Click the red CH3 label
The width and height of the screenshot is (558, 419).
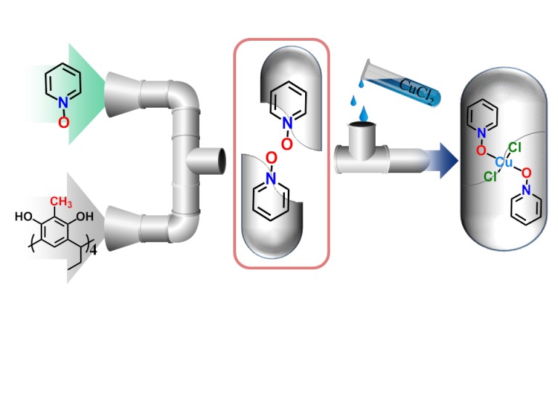coord(61,201)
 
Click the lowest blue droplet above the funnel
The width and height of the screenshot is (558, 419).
coord(363,115)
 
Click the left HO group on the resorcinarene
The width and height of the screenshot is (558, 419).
coord(23,215)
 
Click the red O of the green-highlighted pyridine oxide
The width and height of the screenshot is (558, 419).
coord(63,124)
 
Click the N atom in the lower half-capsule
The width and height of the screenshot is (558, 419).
coord(270,177)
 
